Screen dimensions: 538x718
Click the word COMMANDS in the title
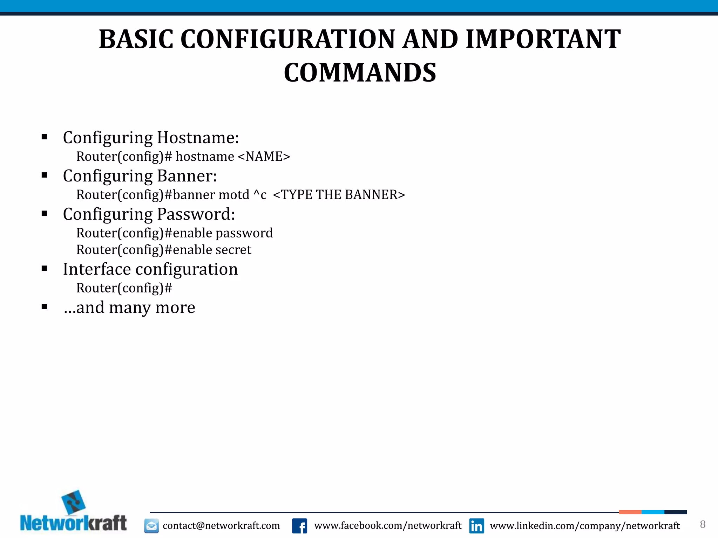click(360, 73)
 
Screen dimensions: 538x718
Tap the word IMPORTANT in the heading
click(543, 39)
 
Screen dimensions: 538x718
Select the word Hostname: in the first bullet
click(198, 137)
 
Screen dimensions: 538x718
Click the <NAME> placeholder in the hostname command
click(264, 156)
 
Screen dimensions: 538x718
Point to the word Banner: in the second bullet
click(187, 176)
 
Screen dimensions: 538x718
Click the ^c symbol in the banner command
click(260, 195)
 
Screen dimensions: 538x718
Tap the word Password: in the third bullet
click(196, 214)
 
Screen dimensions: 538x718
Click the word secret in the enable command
click(233, 250)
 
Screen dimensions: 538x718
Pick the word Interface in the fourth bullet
click(97, 269)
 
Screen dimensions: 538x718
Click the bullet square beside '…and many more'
click(44, 307)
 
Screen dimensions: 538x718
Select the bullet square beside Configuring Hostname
click(44, 137)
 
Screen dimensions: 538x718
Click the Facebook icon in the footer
click(299, 526)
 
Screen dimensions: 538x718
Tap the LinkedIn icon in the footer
click(476, 526)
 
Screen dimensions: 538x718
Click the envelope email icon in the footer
click(151, 526)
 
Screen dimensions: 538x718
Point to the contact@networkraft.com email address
click(221, 526)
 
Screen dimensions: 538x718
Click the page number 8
click(703, 524)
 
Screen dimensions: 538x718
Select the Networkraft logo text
click(73, 523)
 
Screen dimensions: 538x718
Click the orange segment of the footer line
click(630, 512)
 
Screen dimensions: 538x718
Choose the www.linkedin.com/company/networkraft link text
click(584, 526)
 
